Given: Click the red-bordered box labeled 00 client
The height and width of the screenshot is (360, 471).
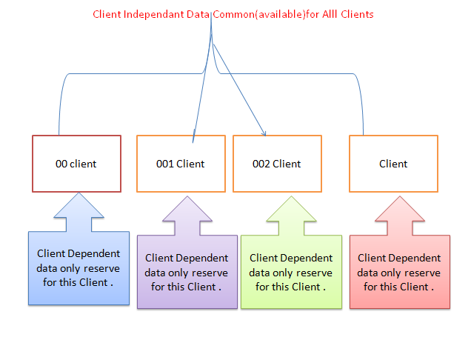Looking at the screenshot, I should tap(76, 164).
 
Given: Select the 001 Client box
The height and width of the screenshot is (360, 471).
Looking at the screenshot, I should tap(181, 164).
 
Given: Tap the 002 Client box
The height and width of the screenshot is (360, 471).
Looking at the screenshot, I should tap(277, 164).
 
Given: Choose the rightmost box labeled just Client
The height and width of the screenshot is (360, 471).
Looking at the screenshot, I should tap(393, 164).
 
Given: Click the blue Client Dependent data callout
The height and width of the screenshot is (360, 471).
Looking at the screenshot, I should tap(74, 267).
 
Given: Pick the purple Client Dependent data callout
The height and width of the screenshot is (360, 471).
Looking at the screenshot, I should tap(187, 272).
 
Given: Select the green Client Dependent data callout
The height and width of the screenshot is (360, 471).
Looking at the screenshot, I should tap(291, 272).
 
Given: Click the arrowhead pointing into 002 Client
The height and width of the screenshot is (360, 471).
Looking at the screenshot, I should tap(264, 134).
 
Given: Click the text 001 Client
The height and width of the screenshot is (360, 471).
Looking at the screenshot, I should tap(181, 164).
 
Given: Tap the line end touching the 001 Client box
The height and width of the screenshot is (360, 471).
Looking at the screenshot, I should tap(193, 141).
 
